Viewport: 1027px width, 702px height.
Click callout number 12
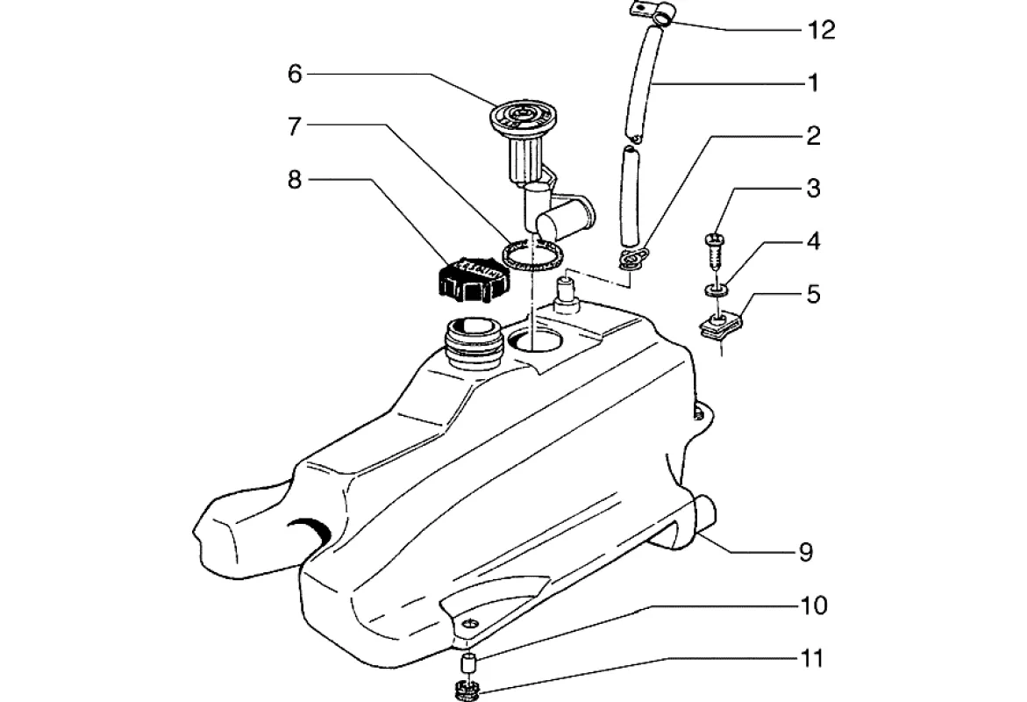tap(820, 31)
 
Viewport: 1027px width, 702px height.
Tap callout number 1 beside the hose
tap(813, 83)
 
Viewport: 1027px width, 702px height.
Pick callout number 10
tap(812, 605)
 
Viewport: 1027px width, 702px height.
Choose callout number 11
tap(812, 658)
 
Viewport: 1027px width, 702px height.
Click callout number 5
tap(813, 294)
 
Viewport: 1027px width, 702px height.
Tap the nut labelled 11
tap(466, 689)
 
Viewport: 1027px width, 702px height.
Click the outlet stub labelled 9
tap(705, 513)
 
